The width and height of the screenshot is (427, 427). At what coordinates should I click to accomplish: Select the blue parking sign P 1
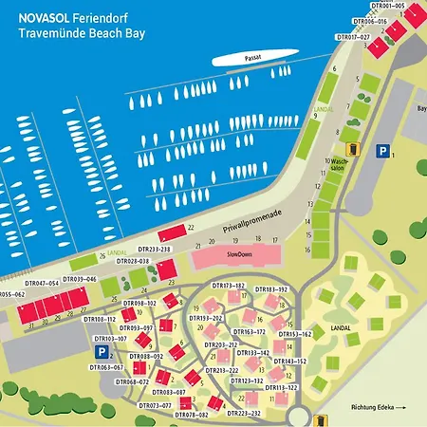382,150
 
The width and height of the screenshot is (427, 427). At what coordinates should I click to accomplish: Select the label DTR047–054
42,283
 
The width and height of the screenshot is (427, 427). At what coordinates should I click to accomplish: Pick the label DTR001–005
385,6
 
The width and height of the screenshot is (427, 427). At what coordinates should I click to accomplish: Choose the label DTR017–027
353,37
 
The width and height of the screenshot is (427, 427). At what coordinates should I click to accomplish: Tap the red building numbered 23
168,271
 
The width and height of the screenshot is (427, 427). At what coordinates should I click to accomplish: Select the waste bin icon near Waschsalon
352,148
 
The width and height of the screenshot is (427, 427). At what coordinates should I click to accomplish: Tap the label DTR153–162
294,334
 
